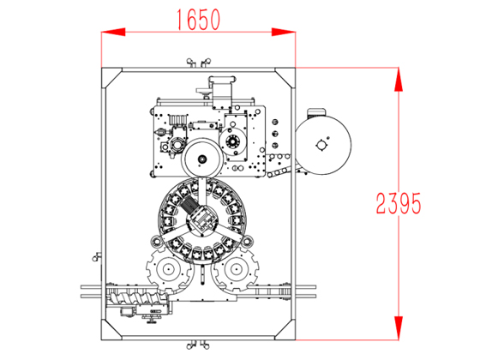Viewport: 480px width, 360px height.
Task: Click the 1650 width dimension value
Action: [x=199, y=20]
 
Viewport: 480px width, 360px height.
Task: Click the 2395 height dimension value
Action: [x=399, y=203]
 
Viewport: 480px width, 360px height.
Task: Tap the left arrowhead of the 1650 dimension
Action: [x=113, y=32]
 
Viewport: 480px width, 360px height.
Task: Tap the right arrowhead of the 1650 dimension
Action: [x=284, y=32]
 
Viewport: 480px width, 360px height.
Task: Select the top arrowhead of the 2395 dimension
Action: [x=399, y=79]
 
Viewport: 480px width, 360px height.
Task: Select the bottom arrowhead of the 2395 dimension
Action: [x=399, y=327]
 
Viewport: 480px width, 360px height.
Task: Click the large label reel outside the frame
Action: [x=323, y=146]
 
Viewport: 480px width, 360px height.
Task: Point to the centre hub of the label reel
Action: [x=321, y=146]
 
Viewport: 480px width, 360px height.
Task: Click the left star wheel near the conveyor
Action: [x=168, y=269]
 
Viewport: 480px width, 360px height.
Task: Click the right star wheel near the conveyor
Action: [x=236, y=269]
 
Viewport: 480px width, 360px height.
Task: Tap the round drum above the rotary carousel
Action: [x=202, y=159]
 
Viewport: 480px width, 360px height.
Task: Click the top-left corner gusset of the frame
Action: [x=112, y=78]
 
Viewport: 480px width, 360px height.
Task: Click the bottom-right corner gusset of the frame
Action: [x=285, y=330]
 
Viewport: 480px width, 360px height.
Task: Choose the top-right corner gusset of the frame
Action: [x=285, y=78]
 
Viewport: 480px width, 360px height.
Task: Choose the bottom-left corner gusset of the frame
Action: [x=112, y=330]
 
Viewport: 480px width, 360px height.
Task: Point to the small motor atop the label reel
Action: [x=315, y=112]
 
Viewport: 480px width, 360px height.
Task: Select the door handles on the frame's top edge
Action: [x=199, y=63]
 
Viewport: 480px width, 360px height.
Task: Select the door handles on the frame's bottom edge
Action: [x=198, y=345]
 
